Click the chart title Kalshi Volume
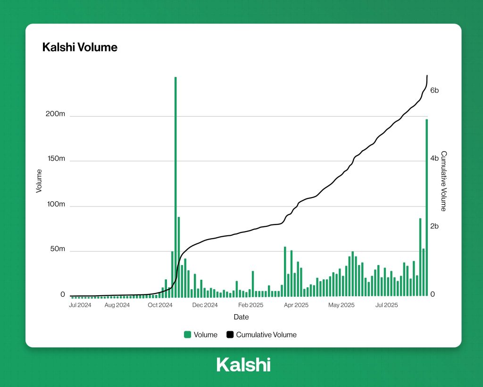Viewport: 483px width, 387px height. pyautogui.click(x=80, y=47)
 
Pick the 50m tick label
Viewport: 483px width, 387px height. pyautogui.click(x=58, y=249)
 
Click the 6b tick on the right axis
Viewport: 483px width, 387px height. pyautogui.click(x=434, y=90)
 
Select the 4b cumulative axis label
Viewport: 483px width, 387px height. pyautogui.click(x=434, y=159)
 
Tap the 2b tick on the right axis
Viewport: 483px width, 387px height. pyautogui.click(x=434, y=226)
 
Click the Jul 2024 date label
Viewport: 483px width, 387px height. pyautogui.click(x=80, y=305)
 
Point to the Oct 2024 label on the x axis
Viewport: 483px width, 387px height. pyautogui.click(x=160, y=305)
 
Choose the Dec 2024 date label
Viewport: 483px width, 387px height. pyautogui.click(x=205, y=305)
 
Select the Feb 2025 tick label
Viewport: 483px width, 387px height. pyautogui.click(x=250, y=305)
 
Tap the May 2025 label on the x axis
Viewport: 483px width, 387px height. pyautogui.click(x=341, y=305)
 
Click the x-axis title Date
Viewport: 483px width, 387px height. pyautogui.click(x=241, y=317)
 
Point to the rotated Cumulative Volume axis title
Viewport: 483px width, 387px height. pyautogui.click(x=443, y=181)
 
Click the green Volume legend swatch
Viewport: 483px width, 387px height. pyautogui.click(x=187, y=335)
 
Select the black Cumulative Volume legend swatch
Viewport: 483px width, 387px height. pyautogui.click(x=230, y=335)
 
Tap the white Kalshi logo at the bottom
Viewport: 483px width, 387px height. pyautogui.click(x=243, y=365)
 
